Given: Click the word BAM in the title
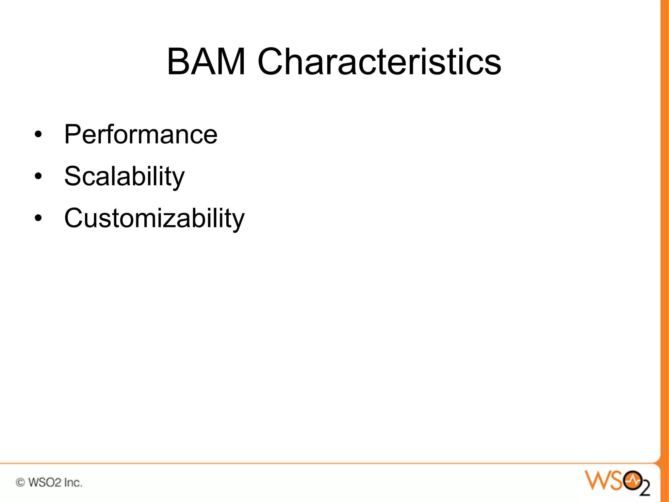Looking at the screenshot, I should (206, 61).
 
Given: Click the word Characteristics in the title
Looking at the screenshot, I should (379, 61).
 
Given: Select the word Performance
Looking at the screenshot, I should (140, 134).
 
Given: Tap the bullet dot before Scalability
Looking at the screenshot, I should (38, 176).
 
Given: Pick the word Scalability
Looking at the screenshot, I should (124, 176).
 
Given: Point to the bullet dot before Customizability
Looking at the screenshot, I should (38, 218).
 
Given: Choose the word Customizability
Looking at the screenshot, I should (154, 218).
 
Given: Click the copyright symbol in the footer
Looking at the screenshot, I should (20, 482).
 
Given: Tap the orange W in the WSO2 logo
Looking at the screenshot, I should (596, 480).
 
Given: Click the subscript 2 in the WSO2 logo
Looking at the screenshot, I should (645, 488).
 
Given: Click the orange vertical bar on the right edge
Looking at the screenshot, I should (664, 229).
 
